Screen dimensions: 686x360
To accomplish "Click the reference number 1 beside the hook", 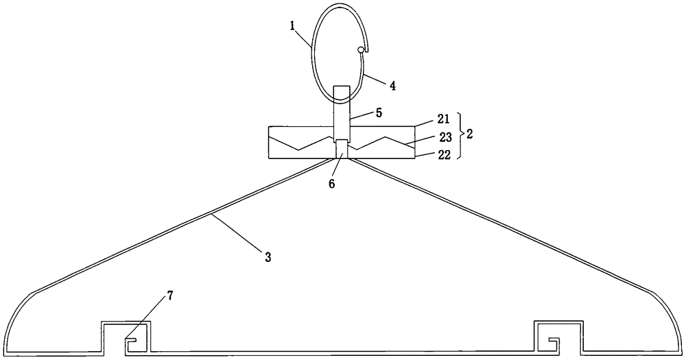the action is [292, 25].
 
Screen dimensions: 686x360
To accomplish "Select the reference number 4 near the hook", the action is [393, 85].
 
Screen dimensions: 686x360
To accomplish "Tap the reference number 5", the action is [379, 112].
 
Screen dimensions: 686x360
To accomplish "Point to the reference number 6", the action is [331, 184].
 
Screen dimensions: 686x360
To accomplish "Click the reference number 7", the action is [169, 296].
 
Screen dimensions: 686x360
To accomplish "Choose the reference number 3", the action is [268, 256].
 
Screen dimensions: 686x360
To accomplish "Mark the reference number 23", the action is [445, 137].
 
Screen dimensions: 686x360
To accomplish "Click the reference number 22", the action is [444, 155].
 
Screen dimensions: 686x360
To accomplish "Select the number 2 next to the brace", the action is [469, 134].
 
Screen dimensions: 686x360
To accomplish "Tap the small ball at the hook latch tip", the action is [361, 50].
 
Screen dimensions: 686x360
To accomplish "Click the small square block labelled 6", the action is [342, 149].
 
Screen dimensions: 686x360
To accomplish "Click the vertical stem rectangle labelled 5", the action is [342, 112].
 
